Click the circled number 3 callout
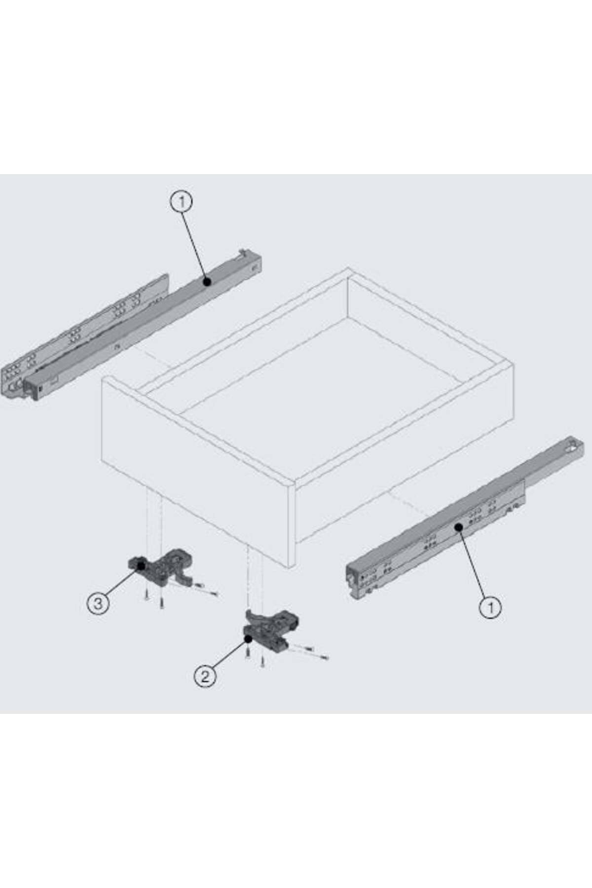[x=98, y=603]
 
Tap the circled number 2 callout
[x=205, y=675]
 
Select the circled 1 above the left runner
[x=182, y=202]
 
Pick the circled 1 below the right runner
[x=490, y=606]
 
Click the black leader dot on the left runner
[x=207, y=282]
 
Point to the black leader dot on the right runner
[x=458, y=527]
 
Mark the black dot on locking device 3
[x=141, y=566]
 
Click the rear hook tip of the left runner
[x=242, y=252]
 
